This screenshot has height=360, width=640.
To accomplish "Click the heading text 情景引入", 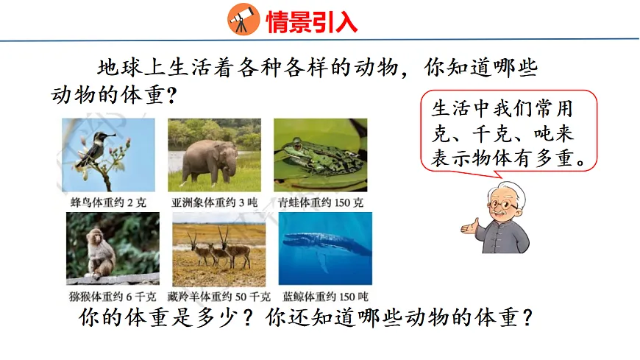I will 311,21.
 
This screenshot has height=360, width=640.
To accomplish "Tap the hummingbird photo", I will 108,155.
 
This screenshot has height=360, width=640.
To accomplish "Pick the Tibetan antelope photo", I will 216,249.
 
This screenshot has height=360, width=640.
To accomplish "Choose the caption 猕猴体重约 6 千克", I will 110,297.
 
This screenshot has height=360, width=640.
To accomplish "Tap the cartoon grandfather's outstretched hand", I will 469,228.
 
